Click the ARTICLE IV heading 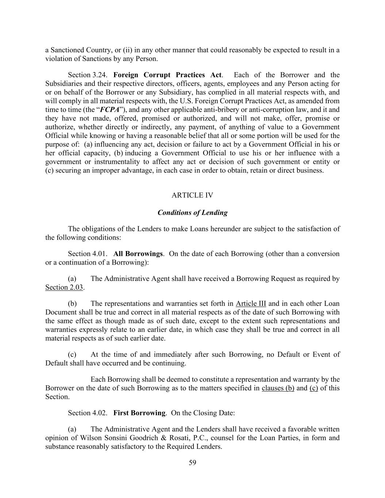click(192, 195)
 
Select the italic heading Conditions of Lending click(192, 213)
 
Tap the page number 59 click(192, 463)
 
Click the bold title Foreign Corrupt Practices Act click(167, 75)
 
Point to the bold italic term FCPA click(109, 110)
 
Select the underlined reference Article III click(251, 304)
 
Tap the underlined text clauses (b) click(278, 388)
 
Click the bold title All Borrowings click(138, 254)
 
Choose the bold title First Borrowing click(139, 413)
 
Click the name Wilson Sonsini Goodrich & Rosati click(142, 438)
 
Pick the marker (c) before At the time click(72, 355)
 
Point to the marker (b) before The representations click(72, 304)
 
